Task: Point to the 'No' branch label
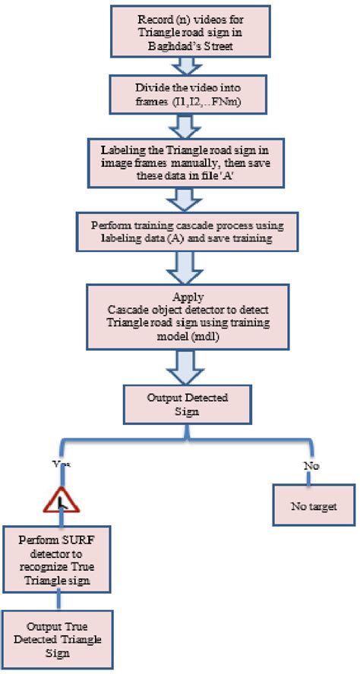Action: [x=310, y=465]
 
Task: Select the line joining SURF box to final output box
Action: [x=59, y=603]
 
